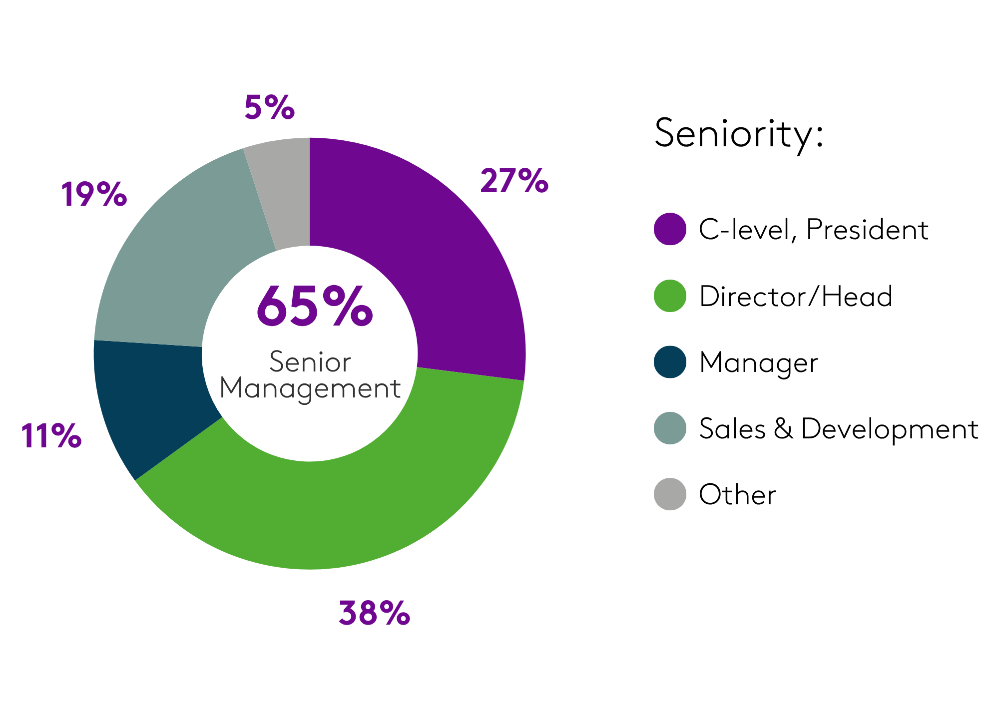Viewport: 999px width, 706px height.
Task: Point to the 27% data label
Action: tap(514, 181)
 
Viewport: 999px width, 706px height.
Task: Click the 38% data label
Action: tap(374, 613)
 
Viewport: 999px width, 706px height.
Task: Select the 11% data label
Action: tap(51, 436)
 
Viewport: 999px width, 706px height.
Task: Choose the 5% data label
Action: tap(270, 107)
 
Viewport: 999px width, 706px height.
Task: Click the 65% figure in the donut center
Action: tap(315, 306)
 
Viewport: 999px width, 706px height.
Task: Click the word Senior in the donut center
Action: tap(310, 362)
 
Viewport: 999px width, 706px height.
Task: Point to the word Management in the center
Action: tap(310, 389)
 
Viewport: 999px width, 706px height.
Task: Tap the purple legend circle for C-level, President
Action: tap(670, 229)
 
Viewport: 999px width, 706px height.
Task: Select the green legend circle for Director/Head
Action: tap(670, 296)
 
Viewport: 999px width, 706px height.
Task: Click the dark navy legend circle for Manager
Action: tap(670, 362)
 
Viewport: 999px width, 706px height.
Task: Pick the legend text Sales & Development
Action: tap(838, 429)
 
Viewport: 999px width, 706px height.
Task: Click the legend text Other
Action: tap(737, 495)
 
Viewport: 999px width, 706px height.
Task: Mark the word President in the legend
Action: tap(867, 230)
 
